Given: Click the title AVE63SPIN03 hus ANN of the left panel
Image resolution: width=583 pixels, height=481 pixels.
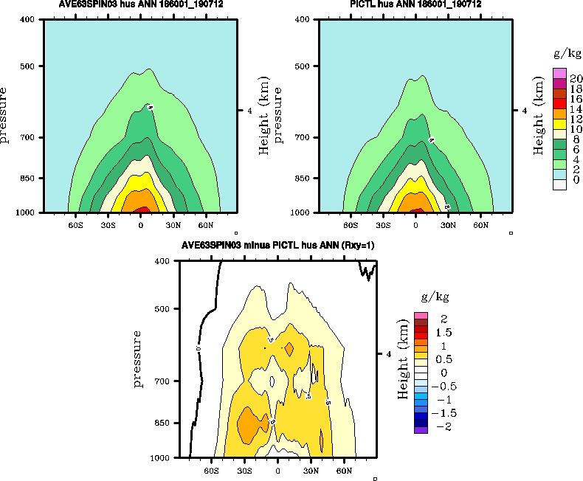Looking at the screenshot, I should [x=140, y=5].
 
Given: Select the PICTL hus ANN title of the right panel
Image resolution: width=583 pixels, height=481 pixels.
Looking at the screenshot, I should [x=415, y=5].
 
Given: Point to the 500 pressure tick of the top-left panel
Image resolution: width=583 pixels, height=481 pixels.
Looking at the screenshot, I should [x=32, y=66].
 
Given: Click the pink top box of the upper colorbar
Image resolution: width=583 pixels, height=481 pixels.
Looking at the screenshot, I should [x=559, y=73].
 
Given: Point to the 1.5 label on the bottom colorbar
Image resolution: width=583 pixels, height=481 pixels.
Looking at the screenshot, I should [x=444, y=333].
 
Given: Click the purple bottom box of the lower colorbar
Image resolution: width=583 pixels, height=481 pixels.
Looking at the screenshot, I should [x=421, y=429].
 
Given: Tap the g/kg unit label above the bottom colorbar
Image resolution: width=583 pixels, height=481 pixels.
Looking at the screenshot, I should [x=435, y=297].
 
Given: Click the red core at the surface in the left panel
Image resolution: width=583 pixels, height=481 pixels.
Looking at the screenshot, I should [x=141, y=210].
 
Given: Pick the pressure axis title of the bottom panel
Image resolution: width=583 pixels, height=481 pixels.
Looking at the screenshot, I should [x=138, y=359].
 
